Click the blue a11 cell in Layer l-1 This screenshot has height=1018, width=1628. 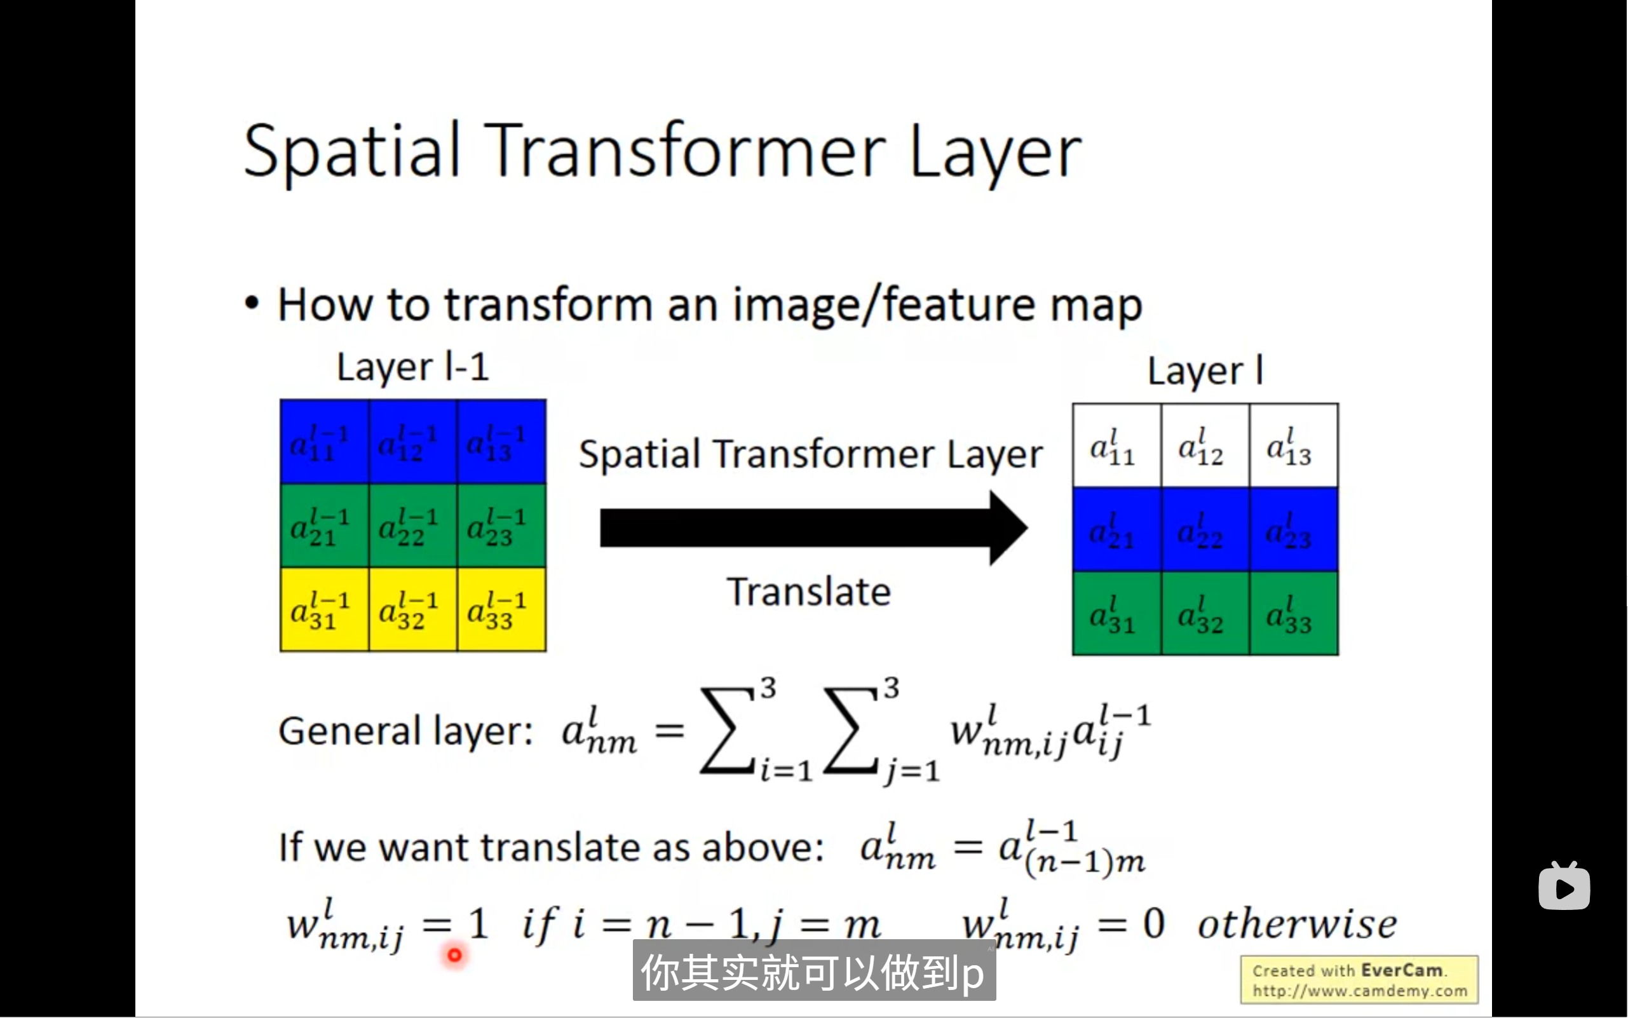pyautogui.click(x=324, y=442)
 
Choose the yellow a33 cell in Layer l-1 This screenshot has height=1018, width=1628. pyautogui.click(x=501, y=610)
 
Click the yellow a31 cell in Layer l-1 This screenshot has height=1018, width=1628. pyautogui.click(x=324, y=610)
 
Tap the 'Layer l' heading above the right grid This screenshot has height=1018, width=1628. pyautogui.click(x=1205, y=371)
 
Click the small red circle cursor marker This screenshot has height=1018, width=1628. pyautogui.click(x=454, y=954)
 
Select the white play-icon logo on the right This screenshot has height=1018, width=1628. pyautogui.click(x=1564, y=886)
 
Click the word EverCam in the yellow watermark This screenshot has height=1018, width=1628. pyautogui.click(x=1401, y=970)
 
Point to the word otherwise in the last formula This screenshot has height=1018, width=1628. pyautogui.click(x=1297, y=924)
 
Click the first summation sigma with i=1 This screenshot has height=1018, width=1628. pyautogui.click(x=727, y=731)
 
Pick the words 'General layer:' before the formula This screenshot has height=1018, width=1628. pyautogui.click(x=406, y=731)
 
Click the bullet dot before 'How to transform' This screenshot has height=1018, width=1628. pyautogui.click(x=252, y=304)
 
